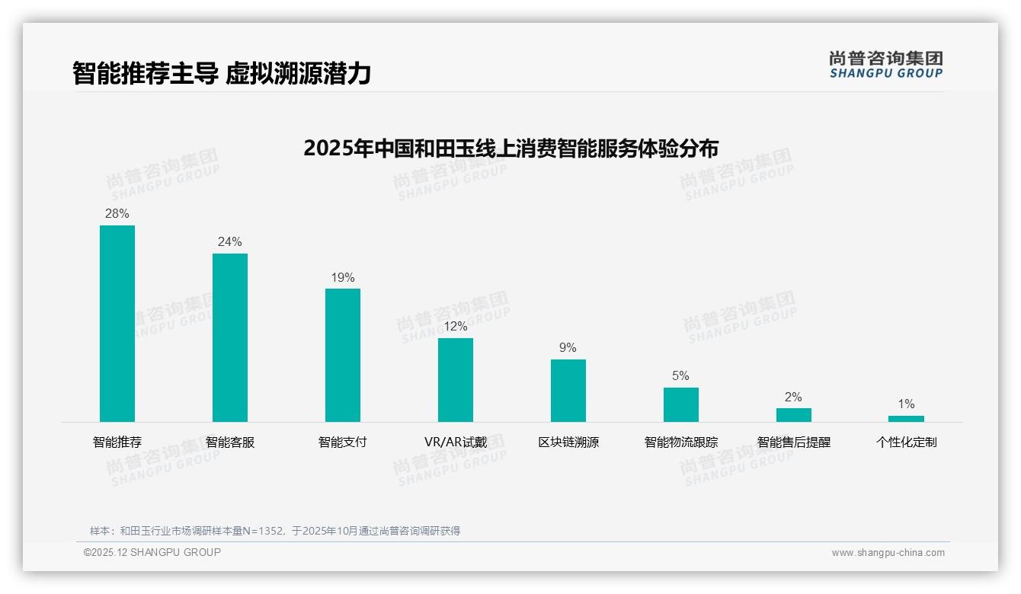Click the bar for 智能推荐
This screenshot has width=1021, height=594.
coord(117,324)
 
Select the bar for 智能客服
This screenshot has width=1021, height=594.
coord(230,337)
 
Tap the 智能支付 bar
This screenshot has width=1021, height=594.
coord(343,355)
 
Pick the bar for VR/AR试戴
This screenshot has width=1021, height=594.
coord(456,380)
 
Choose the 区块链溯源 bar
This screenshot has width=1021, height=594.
coord(568,391)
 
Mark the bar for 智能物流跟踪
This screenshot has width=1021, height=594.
coord(681,404)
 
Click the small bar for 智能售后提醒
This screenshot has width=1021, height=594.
coord(794,415)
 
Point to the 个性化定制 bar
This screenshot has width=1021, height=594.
coord(906,419)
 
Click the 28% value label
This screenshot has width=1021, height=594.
coord(117,214)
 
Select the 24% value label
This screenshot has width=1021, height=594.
coord(230,242)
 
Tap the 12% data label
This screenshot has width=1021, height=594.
coord(456,327)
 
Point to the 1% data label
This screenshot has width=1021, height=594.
coord(906,404)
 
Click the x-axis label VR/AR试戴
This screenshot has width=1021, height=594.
coord(456,442)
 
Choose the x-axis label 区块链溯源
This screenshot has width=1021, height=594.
coord(568,442)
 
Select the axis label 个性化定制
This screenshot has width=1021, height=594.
coord(906,442)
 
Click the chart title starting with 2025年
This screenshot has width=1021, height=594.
coord(510,148)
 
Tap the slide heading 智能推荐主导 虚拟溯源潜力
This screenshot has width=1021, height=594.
coord(222,73)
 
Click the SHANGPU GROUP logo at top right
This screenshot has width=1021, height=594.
coord(885,65)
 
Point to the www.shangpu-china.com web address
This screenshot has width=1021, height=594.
coord(888,553)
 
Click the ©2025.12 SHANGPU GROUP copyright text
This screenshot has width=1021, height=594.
coord(152,552)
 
